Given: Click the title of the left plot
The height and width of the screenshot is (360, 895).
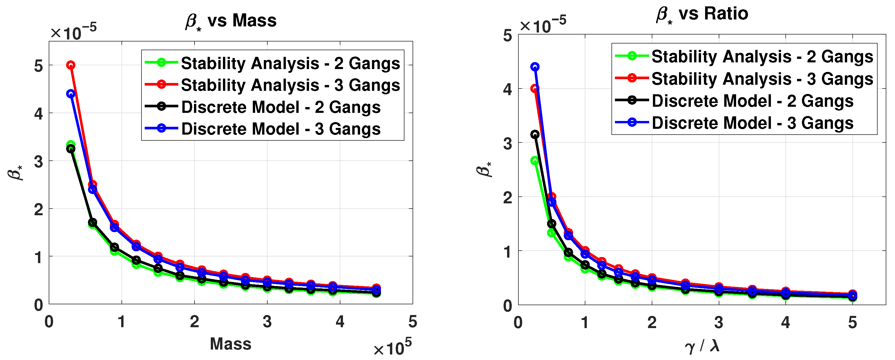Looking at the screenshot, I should [x=231, y=21].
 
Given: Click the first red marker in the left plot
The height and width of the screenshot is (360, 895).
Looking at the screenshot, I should [x=71, y=65].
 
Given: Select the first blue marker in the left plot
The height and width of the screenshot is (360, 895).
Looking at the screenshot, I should [x=71, y=94].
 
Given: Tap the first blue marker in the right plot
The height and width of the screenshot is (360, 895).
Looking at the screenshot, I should [x=535, y=67].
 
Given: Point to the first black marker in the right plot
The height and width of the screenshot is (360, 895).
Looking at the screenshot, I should [x=535, y=135].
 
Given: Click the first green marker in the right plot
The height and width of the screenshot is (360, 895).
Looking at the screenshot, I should [x=535, y=160].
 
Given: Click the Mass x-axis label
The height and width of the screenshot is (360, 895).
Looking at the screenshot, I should [x=230, y=344].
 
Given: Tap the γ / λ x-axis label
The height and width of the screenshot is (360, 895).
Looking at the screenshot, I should [x=702, y=346].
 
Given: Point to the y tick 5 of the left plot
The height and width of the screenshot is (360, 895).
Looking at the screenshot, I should [x=38, y=66].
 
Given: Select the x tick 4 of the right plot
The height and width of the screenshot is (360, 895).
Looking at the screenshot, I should [x=786, y=323].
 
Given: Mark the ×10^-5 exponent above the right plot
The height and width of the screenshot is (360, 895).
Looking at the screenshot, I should [x=543, y=24].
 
